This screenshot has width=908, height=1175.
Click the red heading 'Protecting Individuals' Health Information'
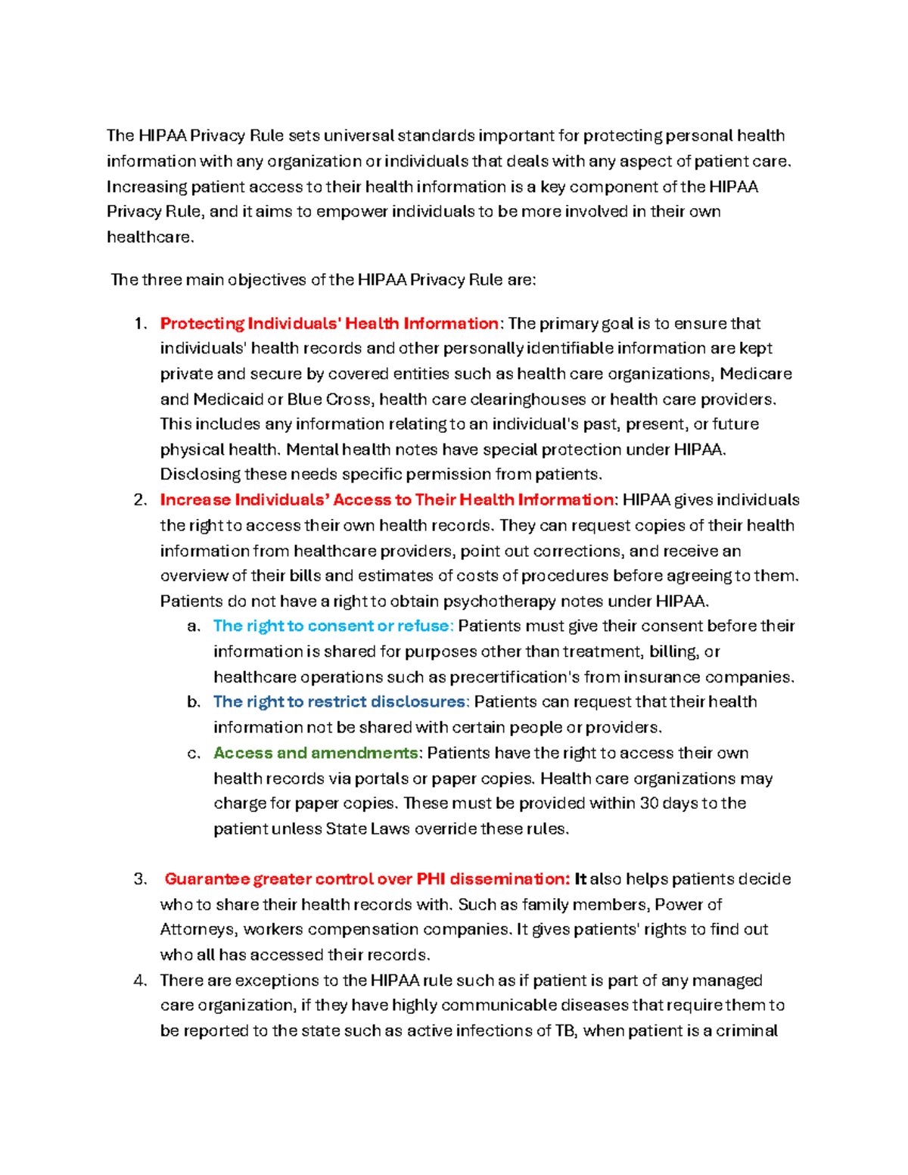click(329, 324)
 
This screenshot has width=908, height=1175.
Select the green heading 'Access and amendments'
click(316, 753)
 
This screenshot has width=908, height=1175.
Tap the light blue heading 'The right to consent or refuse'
click(333, 626)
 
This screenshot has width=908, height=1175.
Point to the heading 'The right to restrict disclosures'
click(340, 702)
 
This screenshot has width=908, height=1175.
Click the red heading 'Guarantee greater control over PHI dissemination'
click(367, 879)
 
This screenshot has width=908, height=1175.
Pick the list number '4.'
click(140, 981)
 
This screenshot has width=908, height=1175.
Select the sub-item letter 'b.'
click(194, 702)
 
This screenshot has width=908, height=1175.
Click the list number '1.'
click(140, 324)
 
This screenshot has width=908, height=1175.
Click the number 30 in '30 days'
click(649, 804)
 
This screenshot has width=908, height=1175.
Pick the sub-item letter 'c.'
click(194, 753)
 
